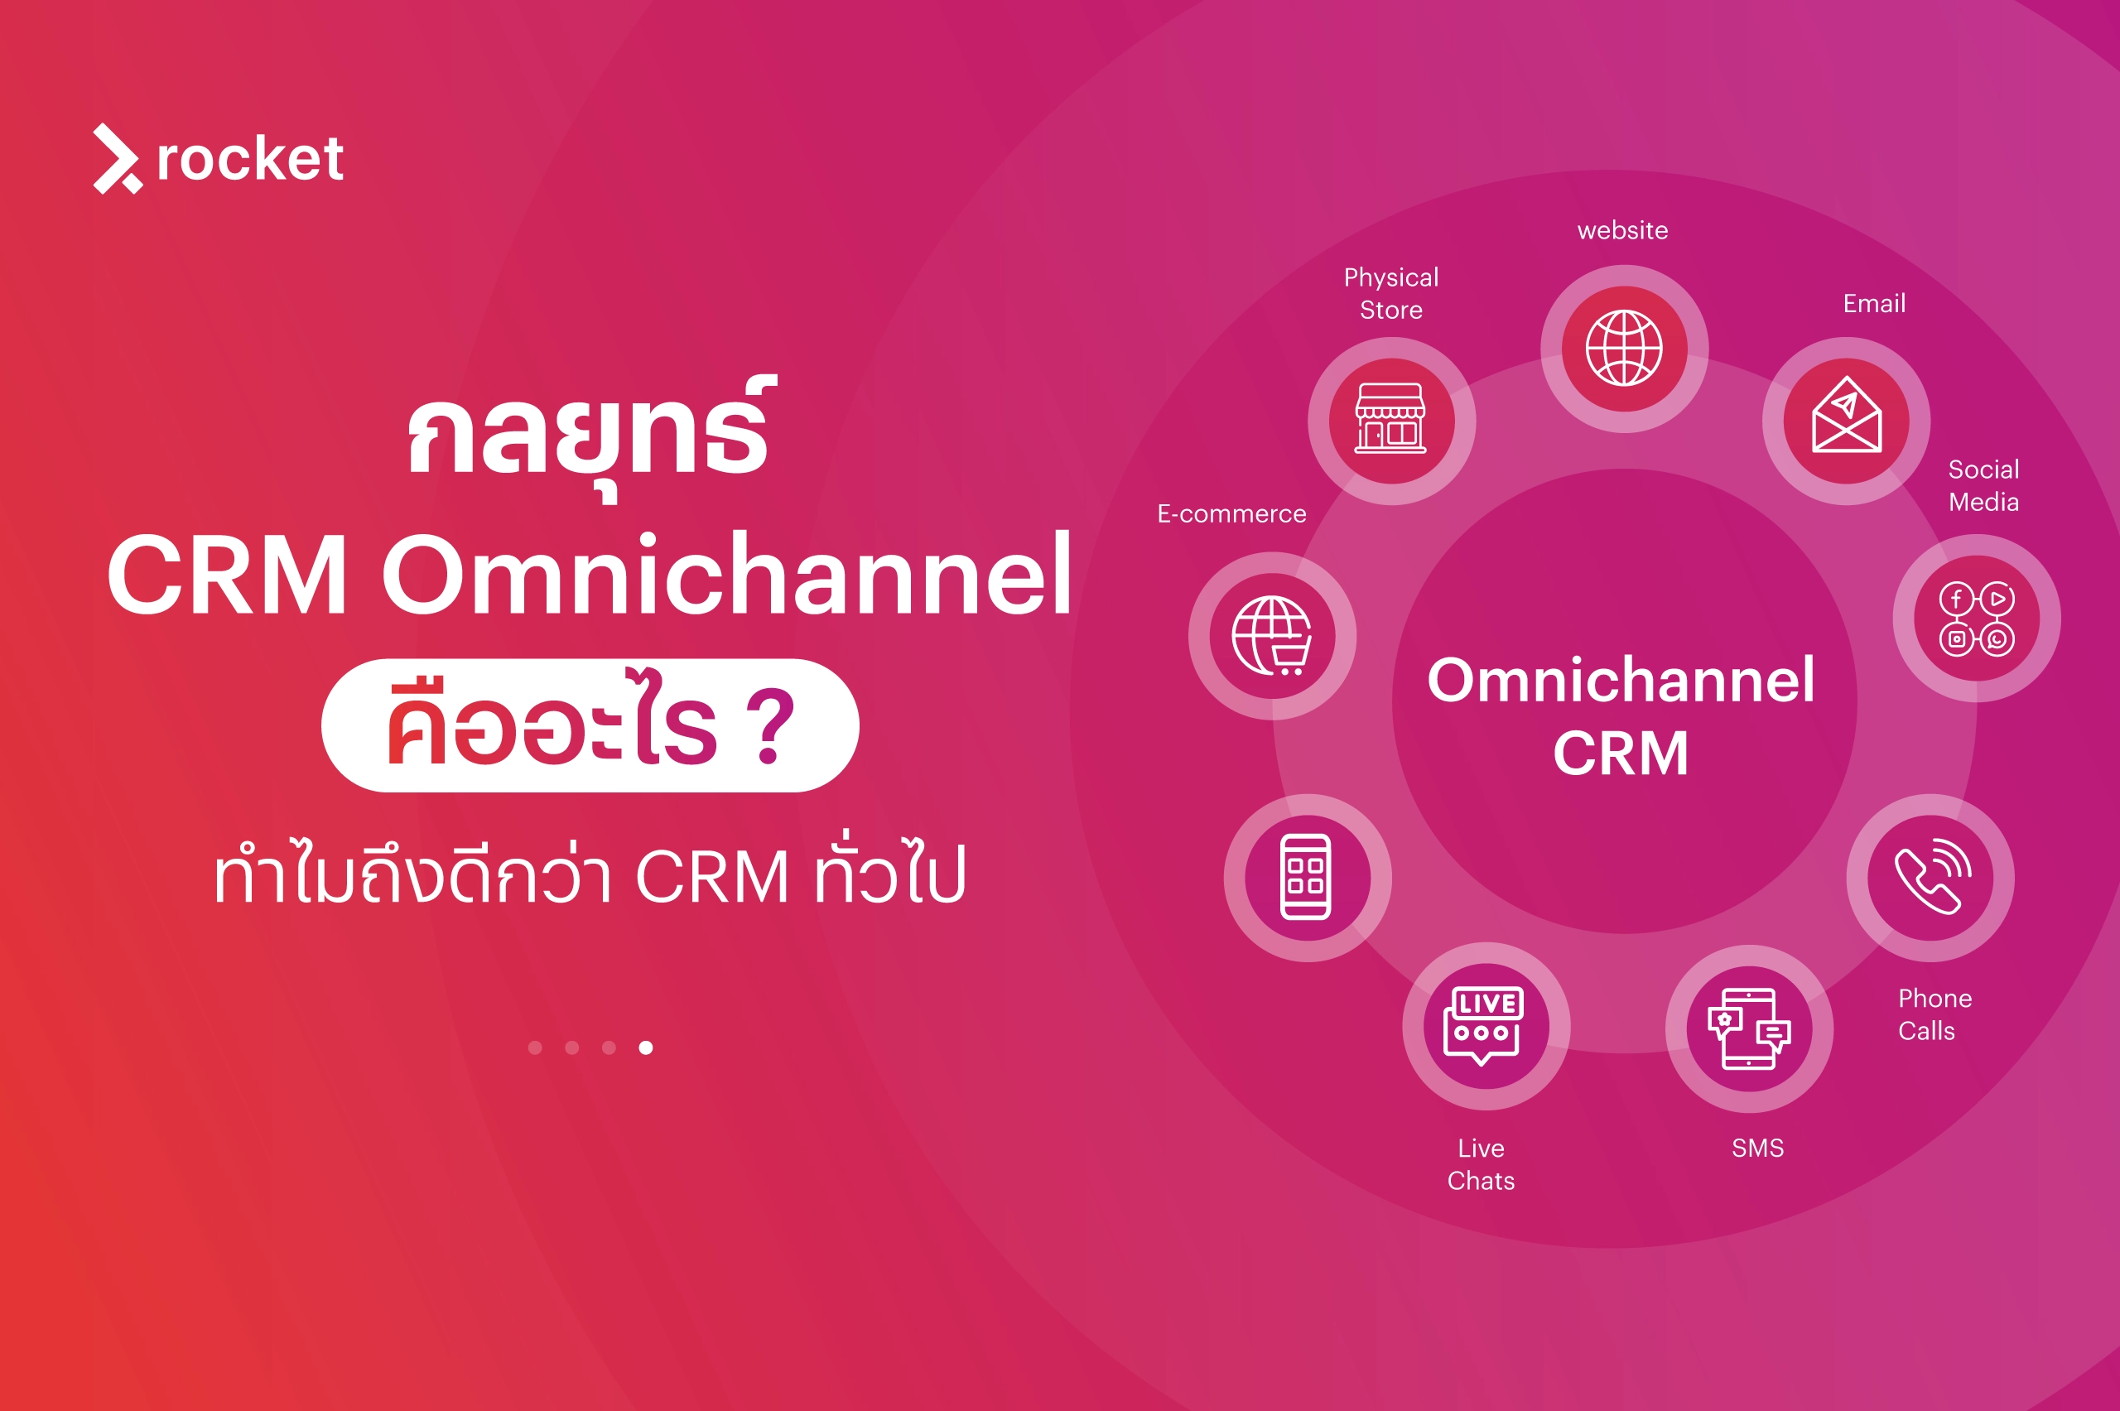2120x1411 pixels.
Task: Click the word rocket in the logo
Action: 250,159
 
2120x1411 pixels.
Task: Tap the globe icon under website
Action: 1623,349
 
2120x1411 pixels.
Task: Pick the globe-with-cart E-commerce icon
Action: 1271,635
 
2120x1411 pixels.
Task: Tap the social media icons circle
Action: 1976,619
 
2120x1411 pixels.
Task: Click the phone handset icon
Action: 1930,878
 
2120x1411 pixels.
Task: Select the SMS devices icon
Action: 1748,1028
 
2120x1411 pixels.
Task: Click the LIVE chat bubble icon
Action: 1485,1026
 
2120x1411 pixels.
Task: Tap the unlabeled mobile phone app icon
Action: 1307,878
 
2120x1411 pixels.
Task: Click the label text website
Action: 1622,230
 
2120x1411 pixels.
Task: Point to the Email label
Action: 1873,303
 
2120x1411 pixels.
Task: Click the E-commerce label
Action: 1231,514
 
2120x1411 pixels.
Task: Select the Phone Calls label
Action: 1934,1014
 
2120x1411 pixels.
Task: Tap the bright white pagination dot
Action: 645,1047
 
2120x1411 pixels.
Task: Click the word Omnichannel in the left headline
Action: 727,576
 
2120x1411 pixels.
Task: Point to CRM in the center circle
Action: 1621,753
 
